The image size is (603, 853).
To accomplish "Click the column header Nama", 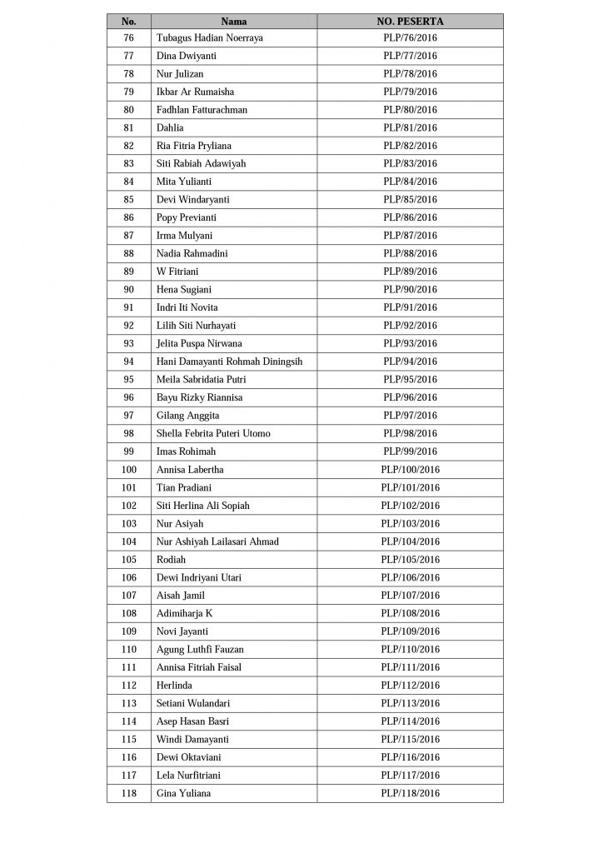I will (x=234, y=21).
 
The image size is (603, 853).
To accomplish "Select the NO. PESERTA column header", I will (x=410, y=21).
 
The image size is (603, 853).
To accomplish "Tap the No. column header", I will (x=128, y=21).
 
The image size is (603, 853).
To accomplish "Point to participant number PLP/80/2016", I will (x=410, y=110).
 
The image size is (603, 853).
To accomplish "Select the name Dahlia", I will (x=170, y=128).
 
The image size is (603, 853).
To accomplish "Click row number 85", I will (x=128, y=200).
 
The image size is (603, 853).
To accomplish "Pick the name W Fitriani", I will (x=177, y=272).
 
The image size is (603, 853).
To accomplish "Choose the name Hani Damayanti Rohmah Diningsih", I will (x=229, y=362).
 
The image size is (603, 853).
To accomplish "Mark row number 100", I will (x=128, y=470).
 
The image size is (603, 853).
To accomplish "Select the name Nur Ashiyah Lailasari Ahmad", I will (x=217, y=541).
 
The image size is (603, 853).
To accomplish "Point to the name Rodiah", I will (x=171, y=560).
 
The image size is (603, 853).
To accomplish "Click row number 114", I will (x=128, y=721).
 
